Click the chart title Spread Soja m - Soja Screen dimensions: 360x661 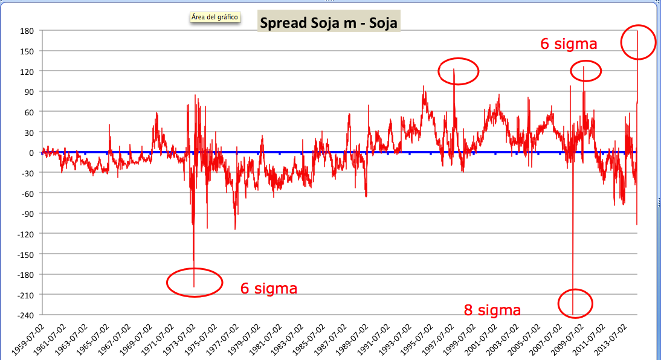[329, 22]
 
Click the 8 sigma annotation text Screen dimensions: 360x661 [492, 310]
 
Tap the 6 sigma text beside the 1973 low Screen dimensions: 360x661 [269, 289]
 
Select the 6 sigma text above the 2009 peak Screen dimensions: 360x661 [569, 44]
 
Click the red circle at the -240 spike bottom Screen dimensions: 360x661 [575, 303]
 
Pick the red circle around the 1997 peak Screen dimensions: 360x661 [458, 71]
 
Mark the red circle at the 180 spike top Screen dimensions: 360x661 [638, 42]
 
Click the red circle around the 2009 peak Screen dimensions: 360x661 [586, 71]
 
